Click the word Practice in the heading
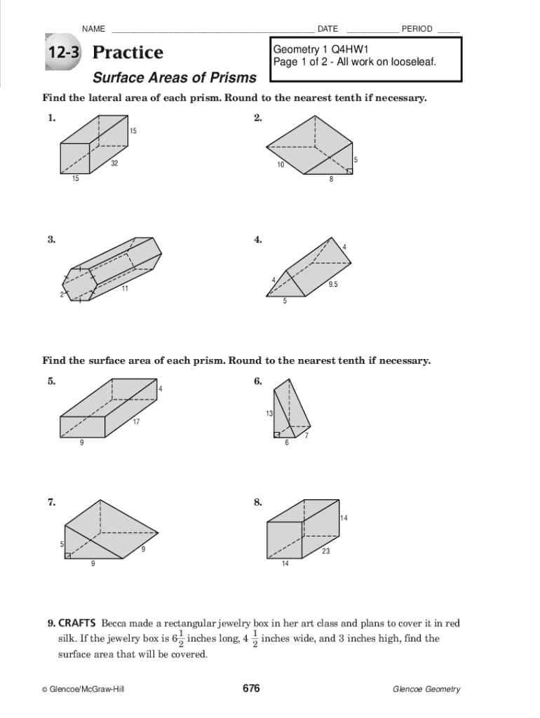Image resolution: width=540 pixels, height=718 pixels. tap(128, 53)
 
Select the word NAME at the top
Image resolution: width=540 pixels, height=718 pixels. tap(93, 29)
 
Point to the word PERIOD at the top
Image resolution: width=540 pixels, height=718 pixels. tap(417, 29)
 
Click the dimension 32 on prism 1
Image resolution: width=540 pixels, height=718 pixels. tap(114, 163)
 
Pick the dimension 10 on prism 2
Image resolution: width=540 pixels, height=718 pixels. tap(281, 165)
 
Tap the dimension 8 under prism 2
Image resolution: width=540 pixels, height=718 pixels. tap(332, 179)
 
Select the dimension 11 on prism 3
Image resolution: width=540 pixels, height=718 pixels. tap(124, 288)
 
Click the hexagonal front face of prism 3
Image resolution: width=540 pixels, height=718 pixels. tap(80, 283)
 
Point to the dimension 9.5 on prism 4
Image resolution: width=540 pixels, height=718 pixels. tap(333, 284)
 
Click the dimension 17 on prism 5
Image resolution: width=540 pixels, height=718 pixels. tap(137, 421)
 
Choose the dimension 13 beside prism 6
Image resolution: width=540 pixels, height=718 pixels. tap(269, 414)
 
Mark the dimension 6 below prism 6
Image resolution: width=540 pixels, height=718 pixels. tap(286, 442)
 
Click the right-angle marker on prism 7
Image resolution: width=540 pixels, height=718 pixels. tap(67, 555)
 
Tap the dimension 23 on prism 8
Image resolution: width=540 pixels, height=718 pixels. tap(326, 551)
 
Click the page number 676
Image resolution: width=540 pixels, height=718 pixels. tap(251, 689)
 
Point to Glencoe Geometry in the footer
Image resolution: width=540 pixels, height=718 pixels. tap(426, 689)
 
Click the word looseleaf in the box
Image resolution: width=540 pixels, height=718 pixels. tap(414, 62)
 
